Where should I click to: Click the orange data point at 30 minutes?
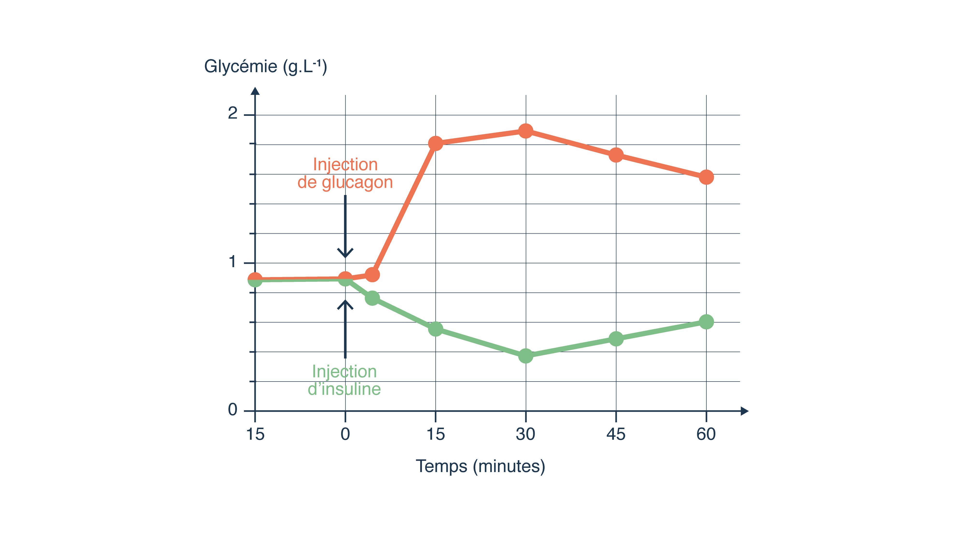[526, 131]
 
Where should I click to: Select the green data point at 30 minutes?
[526, 356]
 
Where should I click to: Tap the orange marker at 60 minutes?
[706, 177]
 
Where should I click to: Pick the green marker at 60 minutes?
[706, 321]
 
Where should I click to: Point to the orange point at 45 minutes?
[616, 155]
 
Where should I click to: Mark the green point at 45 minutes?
[616, 339]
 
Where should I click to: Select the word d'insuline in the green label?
[344, 389]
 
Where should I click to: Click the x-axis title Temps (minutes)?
[480, 466]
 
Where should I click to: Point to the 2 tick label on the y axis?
[233, 113]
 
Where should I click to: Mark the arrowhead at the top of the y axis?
[255, 91]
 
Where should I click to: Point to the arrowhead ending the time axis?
[745, 411]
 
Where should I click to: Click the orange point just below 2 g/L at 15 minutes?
[435, 143]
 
